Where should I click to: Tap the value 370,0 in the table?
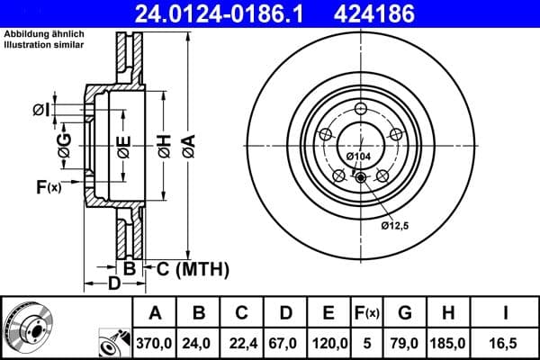click(x=154, y=342)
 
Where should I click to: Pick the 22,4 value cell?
click(x=241, y=342)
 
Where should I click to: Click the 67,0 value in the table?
click(x=285, y=342)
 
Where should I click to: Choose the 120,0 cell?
click(x=329, y=342)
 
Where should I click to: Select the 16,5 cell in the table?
click(x=506, y=342)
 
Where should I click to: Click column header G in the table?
click(x=404, y=313)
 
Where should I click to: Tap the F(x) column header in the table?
click(x=366, y=313)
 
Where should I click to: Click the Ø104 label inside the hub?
click(x=358, y=157)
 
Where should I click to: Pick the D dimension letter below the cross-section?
click(x=113, y=285)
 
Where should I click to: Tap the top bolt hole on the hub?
click(x=358, y=111)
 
